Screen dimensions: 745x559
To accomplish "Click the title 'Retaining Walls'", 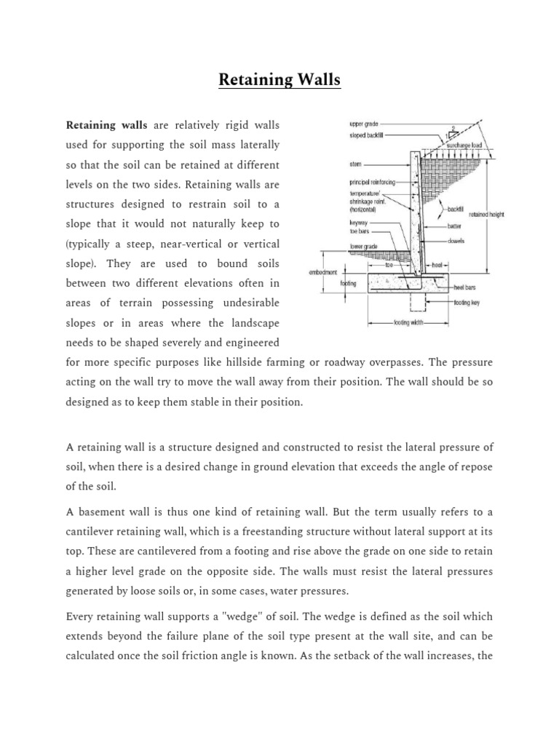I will point(279,79).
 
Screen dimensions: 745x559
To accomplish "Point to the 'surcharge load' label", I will point(469,146).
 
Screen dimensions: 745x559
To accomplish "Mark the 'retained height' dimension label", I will point(486,215).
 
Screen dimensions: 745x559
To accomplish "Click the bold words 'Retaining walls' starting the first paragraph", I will point(107,126).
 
